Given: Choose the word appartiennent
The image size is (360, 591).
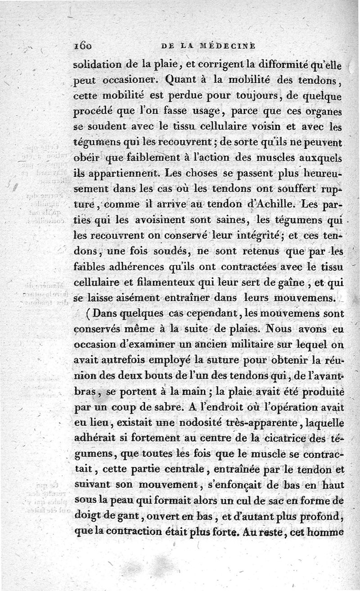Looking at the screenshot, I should (121, 173).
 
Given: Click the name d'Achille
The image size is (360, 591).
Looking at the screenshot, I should (273, 203).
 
